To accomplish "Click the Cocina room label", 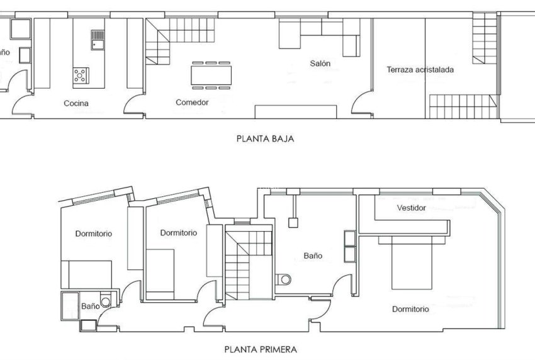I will [76, 103].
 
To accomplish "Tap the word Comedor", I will [192, 102].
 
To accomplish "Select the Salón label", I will [320, 64].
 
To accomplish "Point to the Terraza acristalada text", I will [420, 70].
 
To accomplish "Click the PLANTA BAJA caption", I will [265, 138].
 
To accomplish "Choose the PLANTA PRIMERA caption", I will [261, 348].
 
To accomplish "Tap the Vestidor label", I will [412, 208].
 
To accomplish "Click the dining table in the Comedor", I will [211, 75].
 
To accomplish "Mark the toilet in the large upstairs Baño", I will [285, 279].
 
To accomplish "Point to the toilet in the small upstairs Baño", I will [105, 301].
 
